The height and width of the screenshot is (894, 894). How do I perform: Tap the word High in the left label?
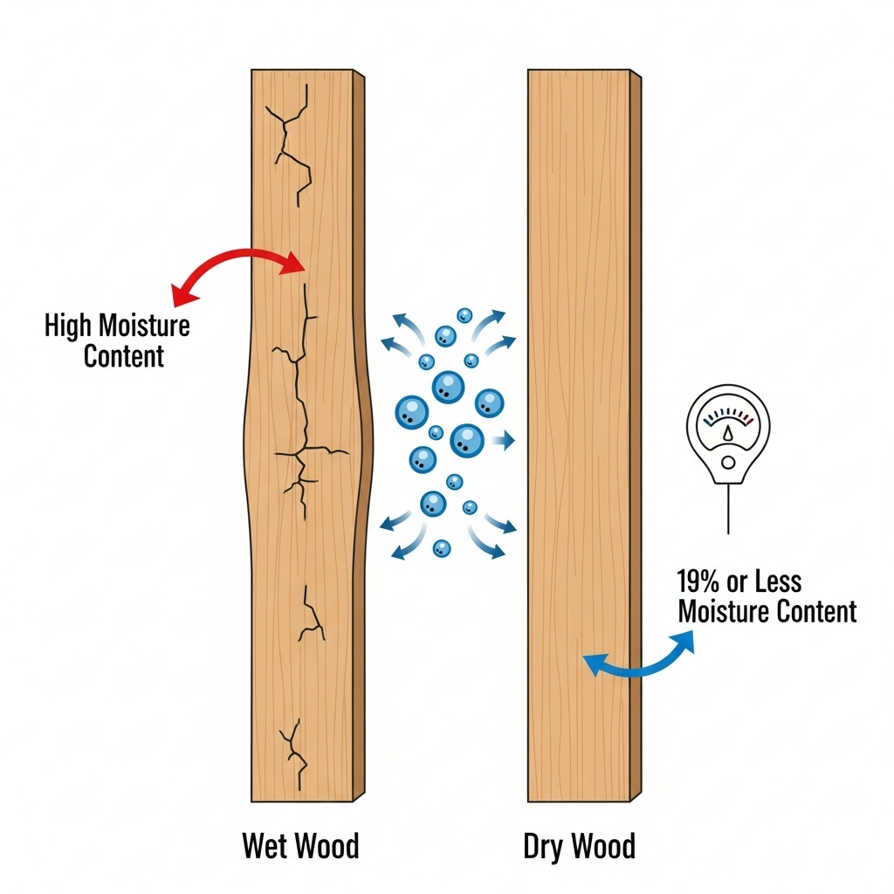(68, 327)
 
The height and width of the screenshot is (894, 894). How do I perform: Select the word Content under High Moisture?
(124, 355)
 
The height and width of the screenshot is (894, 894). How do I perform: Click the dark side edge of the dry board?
(636, 437)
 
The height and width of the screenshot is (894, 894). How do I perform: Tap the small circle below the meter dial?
(728, 460)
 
